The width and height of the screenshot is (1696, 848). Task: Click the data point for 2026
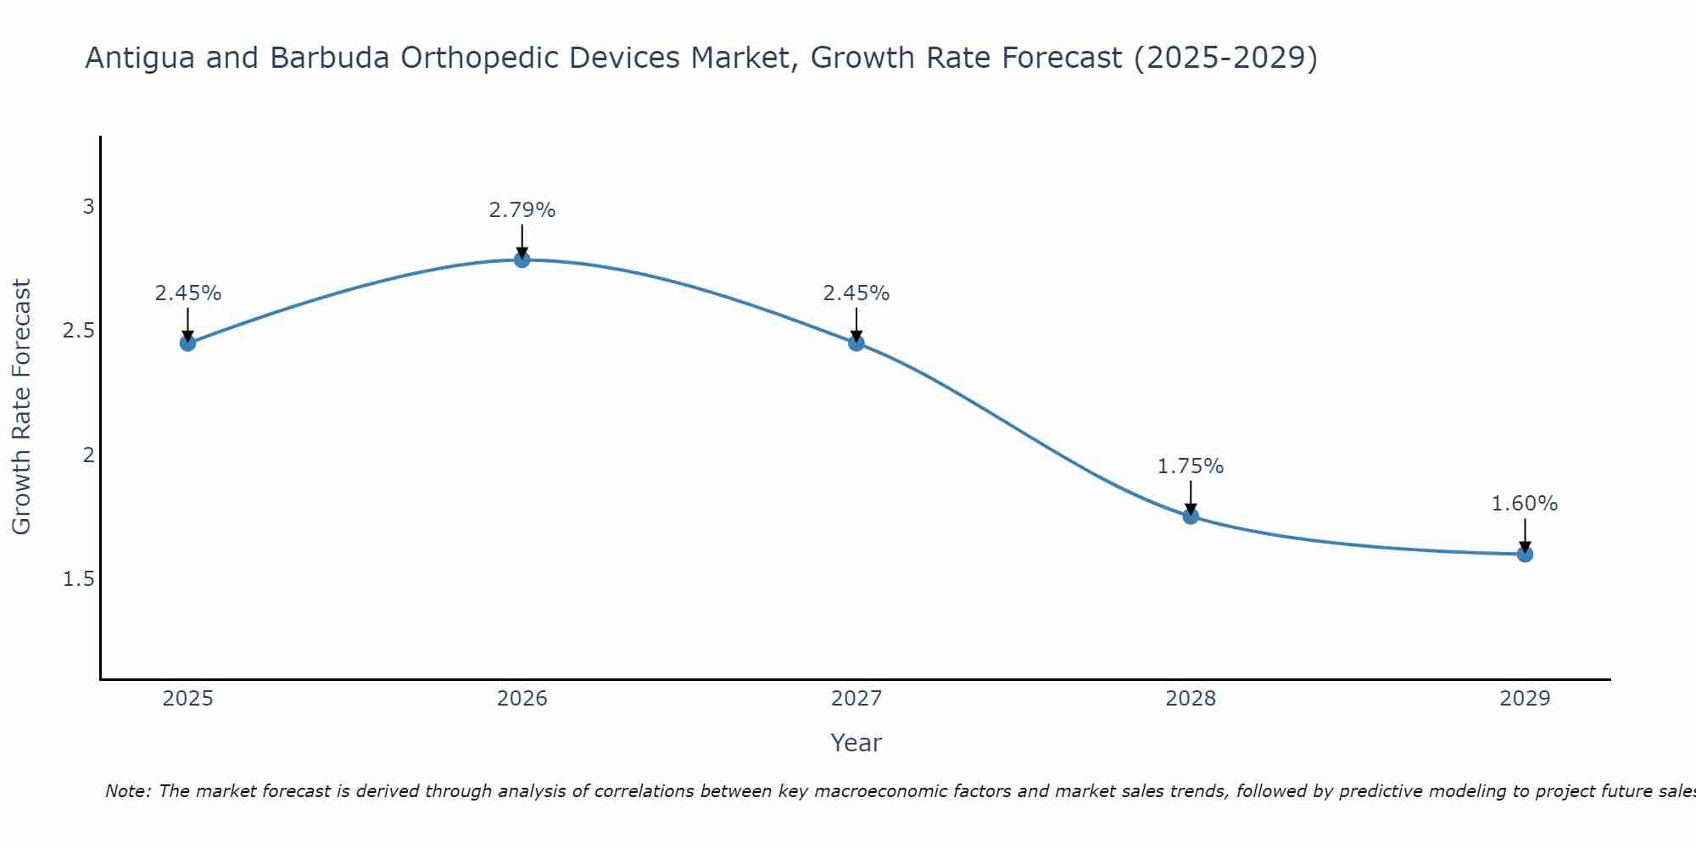(522, 259)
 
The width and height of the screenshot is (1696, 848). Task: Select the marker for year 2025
(188, 343)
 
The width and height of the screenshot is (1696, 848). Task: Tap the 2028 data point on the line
(1191, 516)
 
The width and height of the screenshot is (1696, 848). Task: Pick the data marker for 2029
(1525, 555)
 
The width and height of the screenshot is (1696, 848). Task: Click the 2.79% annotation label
(522, 210)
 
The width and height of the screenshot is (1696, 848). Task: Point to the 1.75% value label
(1191, 466)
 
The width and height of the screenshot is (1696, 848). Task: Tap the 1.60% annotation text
(1525, 504)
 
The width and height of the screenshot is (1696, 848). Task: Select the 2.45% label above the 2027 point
(856, 293)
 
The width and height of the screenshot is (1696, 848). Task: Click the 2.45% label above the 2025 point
(188, 293)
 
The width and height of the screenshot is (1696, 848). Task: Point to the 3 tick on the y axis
(88, 207)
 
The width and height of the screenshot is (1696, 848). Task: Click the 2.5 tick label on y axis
(79, 331)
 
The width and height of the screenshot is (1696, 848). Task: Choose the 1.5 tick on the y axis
(79, 579)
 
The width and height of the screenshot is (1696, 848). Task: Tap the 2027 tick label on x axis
(856, 699)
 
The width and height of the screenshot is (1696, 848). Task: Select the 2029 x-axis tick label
(1525, 699)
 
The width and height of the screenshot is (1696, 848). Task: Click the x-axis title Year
(856, 743)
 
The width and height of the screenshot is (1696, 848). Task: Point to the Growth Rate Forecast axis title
(21, 407)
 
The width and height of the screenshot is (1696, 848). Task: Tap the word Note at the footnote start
(127, 791)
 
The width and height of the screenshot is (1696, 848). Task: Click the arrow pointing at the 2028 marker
(1191, 499)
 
